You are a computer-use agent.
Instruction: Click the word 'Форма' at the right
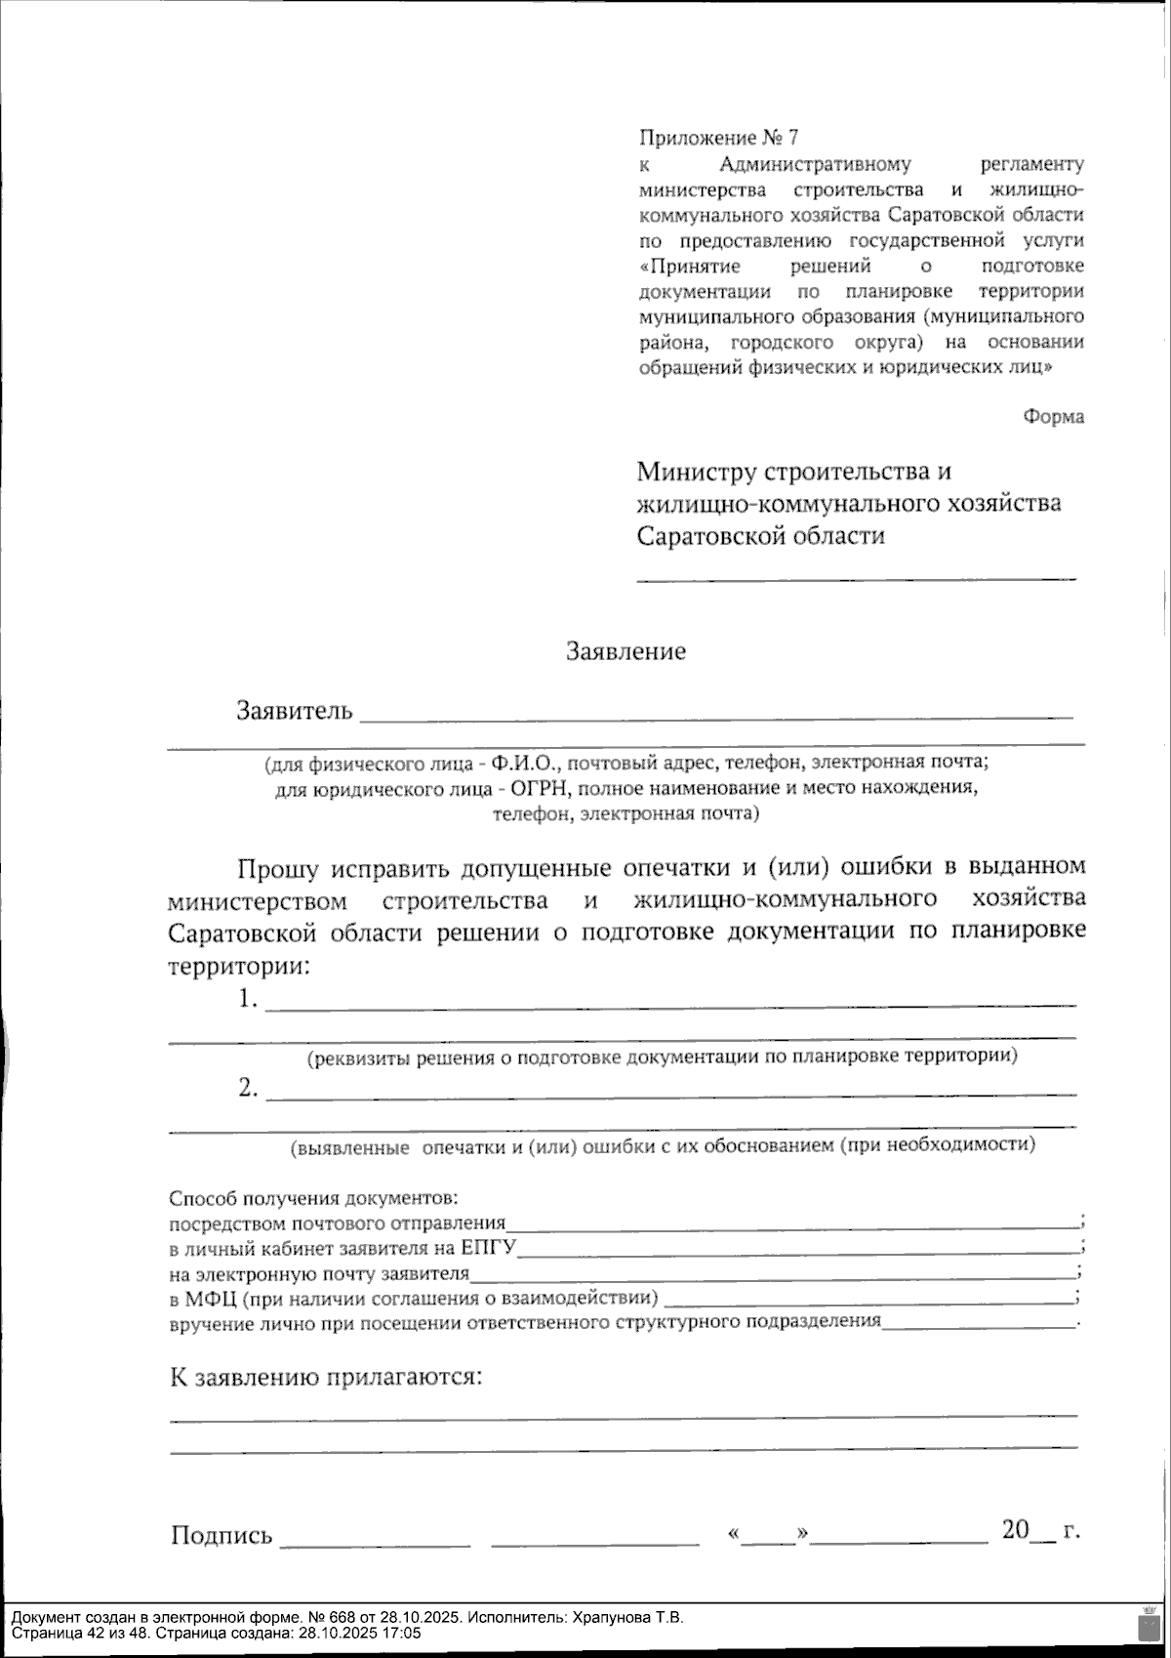tap(1053, 417)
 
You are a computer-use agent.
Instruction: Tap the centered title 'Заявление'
tap(626, 651)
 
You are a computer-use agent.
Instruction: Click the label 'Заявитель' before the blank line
tap(294, 710)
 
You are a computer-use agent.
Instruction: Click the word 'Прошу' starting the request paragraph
tap(276, 867)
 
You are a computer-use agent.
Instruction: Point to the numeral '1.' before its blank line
tap(248, 999)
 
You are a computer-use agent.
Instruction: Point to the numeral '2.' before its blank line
tap(248, 1088)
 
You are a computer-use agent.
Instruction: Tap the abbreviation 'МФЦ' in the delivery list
tap(210, 1299)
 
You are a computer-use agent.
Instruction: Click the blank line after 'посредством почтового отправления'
tap(790, 1223)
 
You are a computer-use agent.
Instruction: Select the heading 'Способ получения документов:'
tap(313, 1198)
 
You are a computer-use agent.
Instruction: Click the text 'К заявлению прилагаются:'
tap(326, 1377)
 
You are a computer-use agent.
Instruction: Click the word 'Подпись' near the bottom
tap(222, 1535)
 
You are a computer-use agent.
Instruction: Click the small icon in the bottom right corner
tap(1146, 1624)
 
